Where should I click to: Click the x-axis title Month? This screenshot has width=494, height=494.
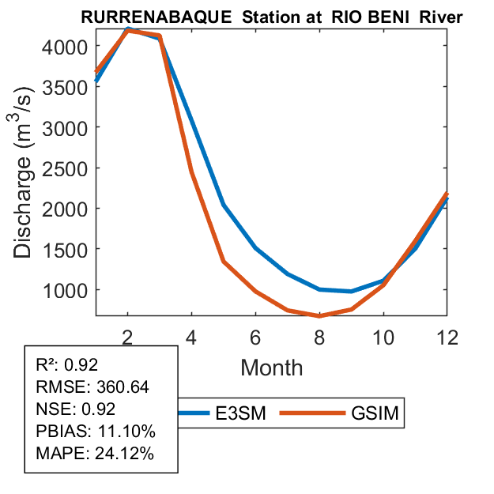(271, 367)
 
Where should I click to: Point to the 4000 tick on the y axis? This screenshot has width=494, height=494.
(65, 46)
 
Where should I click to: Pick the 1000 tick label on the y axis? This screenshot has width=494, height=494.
(65, 289)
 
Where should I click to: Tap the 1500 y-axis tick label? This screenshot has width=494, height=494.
(65, 249)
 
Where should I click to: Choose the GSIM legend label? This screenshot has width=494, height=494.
(375, 414)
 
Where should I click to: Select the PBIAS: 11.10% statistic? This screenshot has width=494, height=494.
(95, 432)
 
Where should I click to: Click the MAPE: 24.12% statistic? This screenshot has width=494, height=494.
(95, 454)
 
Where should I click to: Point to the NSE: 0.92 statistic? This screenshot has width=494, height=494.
(75, 409)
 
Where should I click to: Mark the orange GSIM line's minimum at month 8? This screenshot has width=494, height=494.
(319, 315)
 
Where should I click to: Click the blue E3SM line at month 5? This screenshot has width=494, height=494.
(224, 205)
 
